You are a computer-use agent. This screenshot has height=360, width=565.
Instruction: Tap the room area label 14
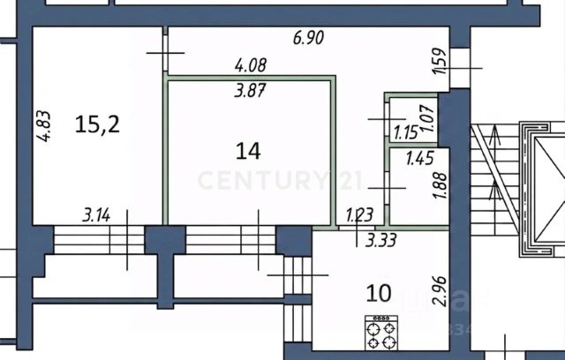[248, 150]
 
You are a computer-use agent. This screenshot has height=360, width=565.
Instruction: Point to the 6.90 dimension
[310, 38]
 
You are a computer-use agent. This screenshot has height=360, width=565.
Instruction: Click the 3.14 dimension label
[98, 214]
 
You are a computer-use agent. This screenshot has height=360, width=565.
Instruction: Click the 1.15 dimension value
[405, 134]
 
